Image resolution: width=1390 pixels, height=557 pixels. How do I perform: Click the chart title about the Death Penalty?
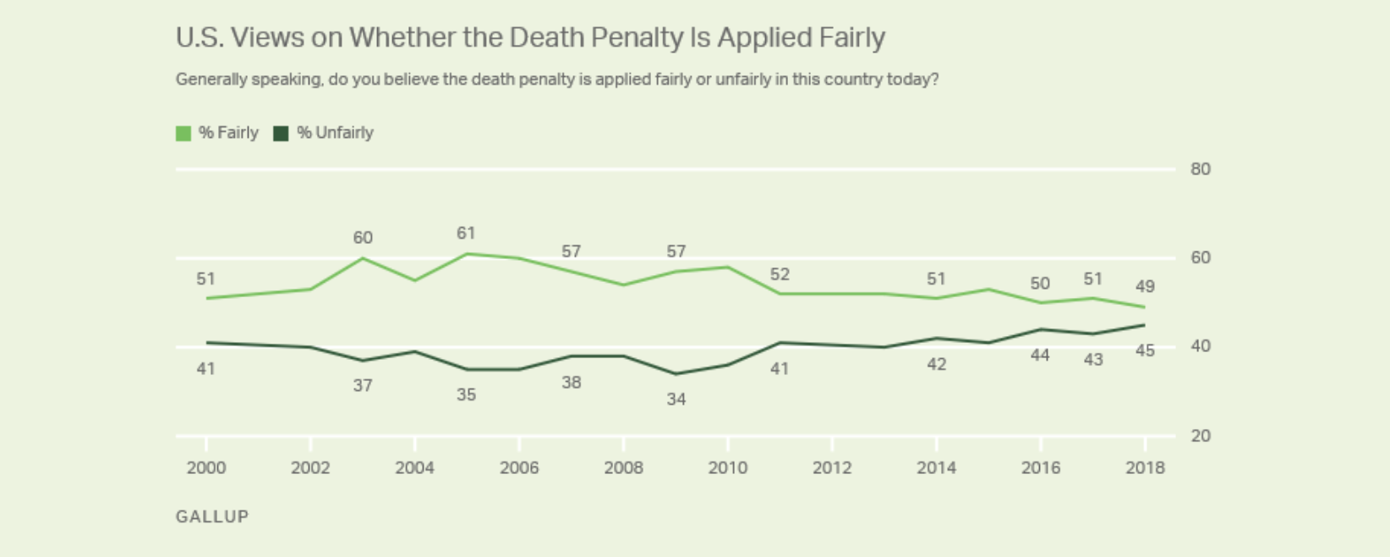click(x=530, y=38)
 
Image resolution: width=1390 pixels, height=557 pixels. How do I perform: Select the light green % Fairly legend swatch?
click(x=183, y=134)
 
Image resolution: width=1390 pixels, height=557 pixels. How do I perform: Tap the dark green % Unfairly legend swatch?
click(x=281, y=134)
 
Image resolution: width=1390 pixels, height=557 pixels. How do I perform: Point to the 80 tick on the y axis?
click(x=1200, y=169)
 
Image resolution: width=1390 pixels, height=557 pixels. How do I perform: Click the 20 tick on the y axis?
click(x=1200, y=436)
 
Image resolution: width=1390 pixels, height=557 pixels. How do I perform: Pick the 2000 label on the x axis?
click(x=206, y=468)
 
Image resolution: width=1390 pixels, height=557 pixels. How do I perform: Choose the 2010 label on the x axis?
click(x=728, y=468)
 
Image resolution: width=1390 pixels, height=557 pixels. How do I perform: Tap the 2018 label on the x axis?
click(x=1145, y=468)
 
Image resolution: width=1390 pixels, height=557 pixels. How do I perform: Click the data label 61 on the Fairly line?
click(x=466, y=233)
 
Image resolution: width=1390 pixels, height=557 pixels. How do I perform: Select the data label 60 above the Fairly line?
click(x=363, y=238)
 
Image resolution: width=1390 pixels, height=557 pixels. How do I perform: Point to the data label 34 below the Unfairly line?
click(x=676, y=399)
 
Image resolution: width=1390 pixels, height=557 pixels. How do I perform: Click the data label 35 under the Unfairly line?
click(x=466, y=394)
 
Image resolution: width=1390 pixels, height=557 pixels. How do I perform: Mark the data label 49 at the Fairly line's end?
click(x=1145, y=286)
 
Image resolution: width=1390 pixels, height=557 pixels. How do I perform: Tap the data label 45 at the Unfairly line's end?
click(x=1145, y=350)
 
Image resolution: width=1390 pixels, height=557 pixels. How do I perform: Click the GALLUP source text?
click(x=212, y=516)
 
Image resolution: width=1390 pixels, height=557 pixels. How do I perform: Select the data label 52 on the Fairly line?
click(x=780, y=274)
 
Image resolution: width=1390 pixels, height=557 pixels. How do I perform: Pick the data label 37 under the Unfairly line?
click(x=363, y=385)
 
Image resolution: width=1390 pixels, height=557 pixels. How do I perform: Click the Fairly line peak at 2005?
click(x=467, y=253)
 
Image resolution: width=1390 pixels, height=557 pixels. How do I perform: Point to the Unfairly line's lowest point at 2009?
click(x=676, y=373)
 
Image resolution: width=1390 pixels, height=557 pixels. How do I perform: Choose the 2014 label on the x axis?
click(x=936, y=468)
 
